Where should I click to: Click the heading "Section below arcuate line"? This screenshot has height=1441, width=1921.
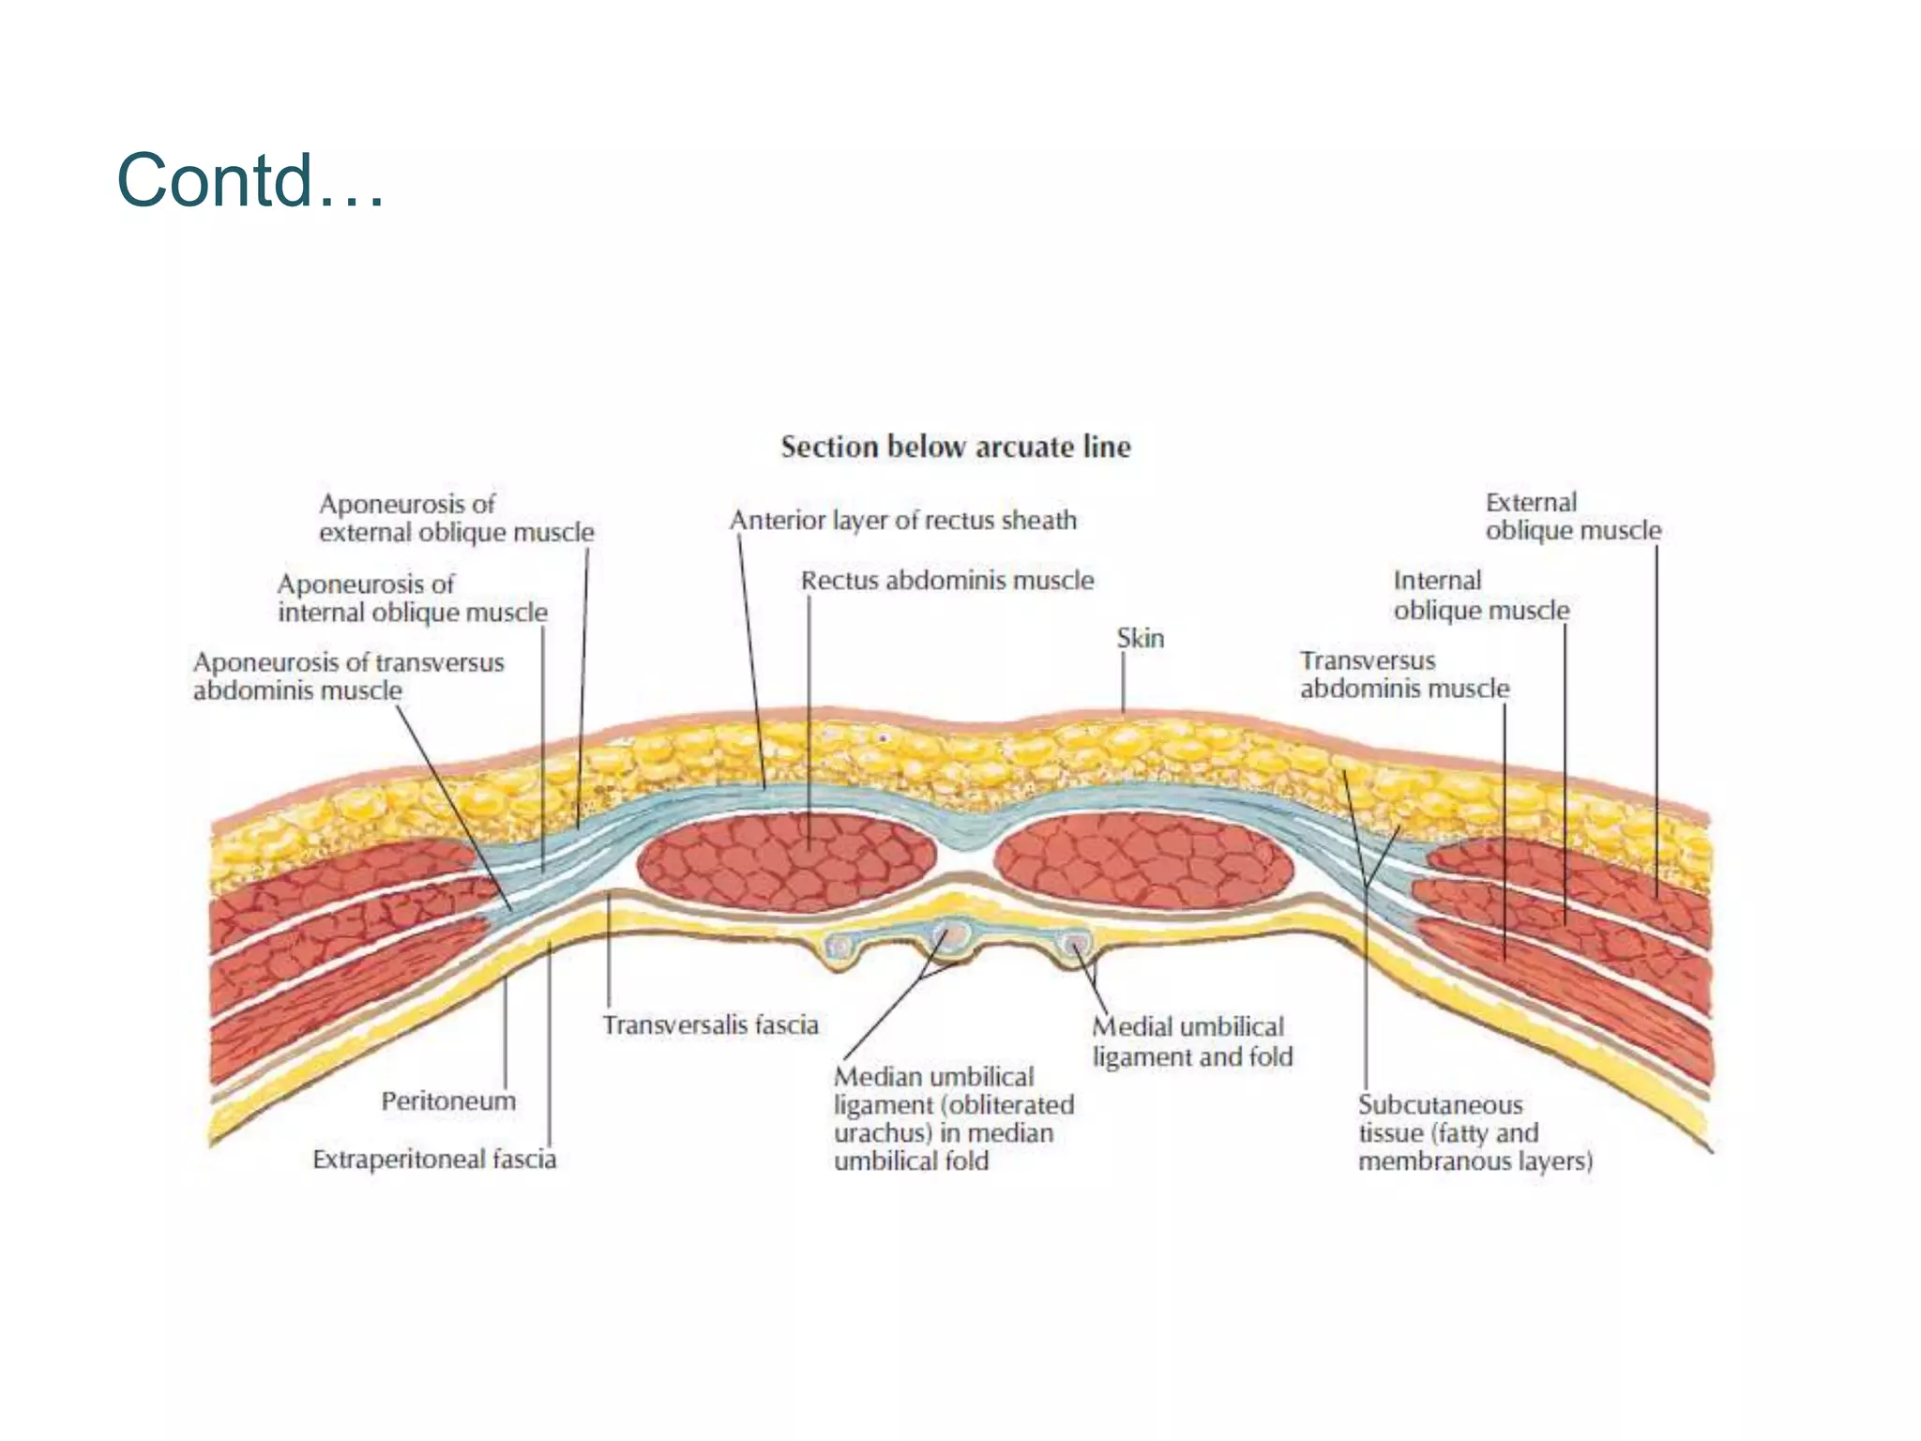[956, 447]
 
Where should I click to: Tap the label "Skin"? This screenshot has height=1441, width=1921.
[1140, 639]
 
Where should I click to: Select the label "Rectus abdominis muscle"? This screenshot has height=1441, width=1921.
[946, 581]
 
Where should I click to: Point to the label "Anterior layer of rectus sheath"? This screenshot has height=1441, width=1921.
[903, 521]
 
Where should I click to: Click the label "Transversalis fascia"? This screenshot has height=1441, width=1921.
[710, 1024]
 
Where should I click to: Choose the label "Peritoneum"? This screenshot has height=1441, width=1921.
[448, 1100]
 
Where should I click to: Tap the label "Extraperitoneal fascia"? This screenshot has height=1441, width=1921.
[434, 1160]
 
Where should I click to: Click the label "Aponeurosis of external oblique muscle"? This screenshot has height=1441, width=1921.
[456, 518]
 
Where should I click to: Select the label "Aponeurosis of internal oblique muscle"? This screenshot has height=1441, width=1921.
[412, 598]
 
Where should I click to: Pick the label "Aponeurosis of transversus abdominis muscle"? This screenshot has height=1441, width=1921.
[348, 676]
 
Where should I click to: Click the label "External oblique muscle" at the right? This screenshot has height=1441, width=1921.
[1572, 516]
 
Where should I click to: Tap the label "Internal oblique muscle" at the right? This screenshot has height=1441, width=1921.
[1480, 596]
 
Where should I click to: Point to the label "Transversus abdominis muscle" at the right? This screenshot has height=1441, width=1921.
[1404, 675]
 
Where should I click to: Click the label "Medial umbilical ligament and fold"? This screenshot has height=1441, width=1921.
[1192, 1041]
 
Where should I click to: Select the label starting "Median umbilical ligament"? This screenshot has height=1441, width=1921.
[953, 1118]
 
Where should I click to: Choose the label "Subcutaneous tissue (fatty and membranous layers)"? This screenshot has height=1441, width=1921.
[1475, 1132]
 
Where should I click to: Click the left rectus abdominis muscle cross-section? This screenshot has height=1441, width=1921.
[786, 862]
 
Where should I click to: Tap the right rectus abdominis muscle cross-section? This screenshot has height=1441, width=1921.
[1142, 862]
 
